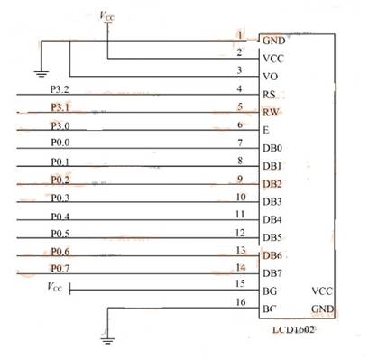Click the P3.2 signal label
(60, 90)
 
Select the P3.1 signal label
(60, 108)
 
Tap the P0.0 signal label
(60, 143)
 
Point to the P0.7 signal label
(60, 269)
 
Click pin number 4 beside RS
(239, 88)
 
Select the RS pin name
(269, 95)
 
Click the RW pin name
(270, 113)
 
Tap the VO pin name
(269, 77)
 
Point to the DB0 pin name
(272, 149)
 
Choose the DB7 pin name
(272, 273)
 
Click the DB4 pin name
(272, 220)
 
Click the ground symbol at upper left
(39, 72)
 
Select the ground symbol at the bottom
(107, 340)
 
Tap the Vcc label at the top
(106, 15)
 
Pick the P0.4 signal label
(60, 216)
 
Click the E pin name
(265, 131)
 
